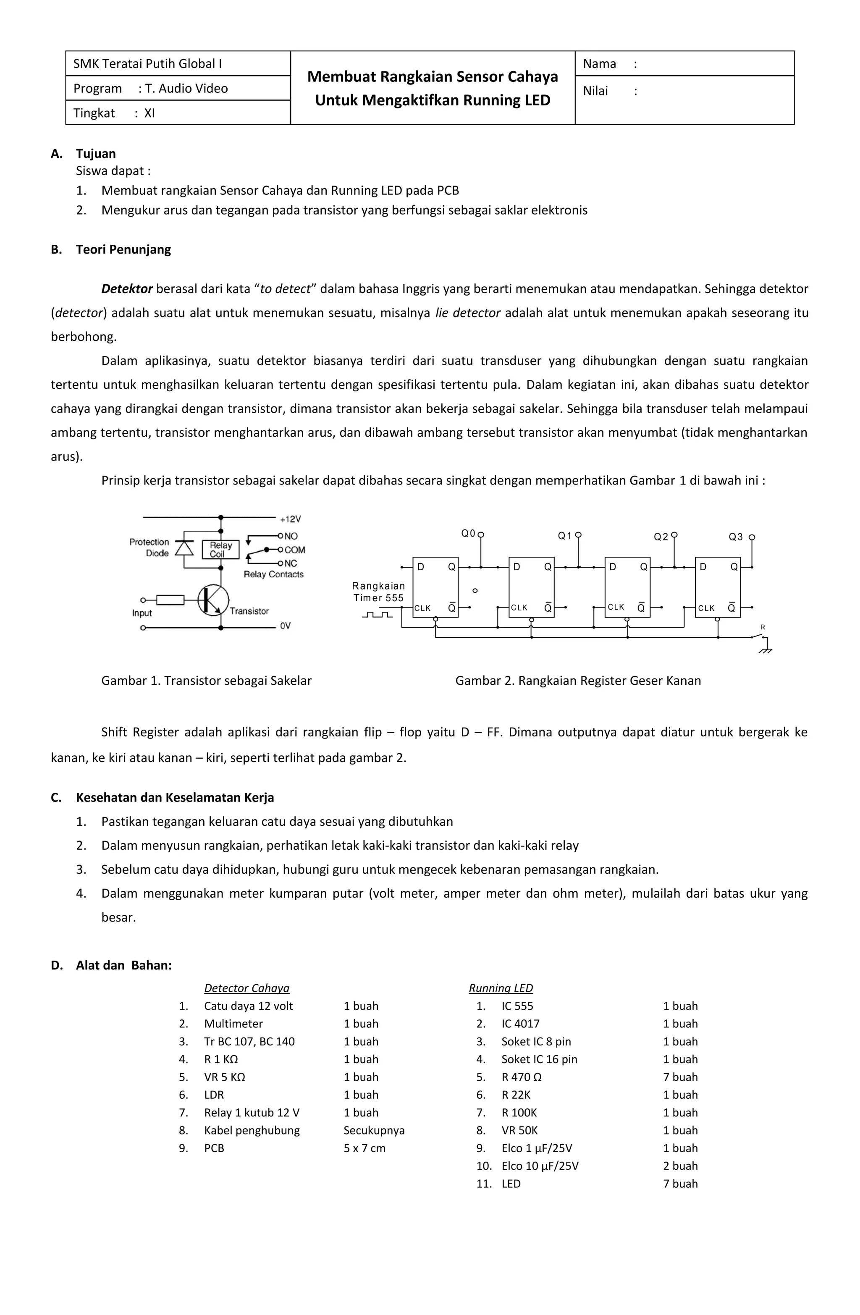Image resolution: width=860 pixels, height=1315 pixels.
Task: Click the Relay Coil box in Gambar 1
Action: point(220,549)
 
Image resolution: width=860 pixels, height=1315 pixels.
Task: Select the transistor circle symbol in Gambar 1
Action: point(213,600)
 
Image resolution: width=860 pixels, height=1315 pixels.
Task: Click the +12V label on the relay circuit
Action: point(290,519)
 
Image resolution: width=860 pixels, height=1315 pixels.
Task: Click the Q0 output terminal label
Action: point(468,533)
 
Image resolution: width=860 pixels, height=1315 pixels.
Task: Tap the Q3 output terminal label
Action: point(736,537)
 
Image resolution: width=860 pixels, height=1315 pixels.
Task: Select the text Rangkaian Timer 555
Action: point(379,592)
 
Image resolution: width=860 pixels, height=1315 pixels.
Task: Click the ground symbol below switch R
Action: point(766,650)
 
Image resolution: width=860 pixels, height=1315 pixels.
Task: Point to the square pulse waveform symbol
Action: point(378,614)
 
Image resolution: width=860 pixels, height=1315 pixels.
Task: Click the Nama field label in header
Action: point(599,63)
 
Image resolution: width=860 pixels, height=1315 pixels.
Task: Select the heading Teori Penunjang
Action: point(123,249)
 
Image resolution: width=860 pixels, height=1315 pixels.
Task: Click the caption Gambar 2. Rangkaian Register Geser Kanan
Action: point(577,681)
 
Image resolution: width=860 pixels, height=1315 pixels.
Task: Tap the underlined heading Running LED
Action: point(501,988)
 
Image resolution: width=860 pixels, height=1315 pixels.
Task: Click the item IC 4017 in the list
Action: point(520,1023)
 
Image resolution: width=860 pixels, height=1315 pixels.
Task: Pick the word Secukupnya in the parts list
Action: point(374,1130)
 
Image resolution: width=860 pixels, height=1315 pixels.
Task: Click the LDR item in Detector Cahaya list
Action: point(214,1095)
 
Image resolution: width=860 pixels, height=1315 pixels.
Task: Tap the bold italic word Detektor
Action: point(126,288)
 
